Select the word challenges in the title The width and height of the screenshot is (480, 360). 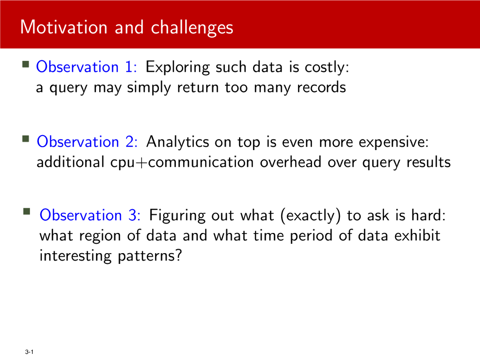click(192, 28)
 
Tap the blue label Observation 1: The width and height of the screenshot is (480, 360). click(86, 67)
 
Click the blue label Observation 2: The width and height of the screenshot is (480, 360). click(87, 142)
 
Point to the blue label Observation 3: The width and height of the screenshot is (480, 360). click(90, 215)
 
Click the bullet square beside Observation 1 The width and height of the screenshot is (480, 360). click(26, 64)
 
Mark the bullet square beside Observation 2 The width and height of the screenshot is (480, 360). click(26, 139)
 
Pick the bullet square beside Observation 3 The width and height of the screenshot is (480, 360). click(27, 211)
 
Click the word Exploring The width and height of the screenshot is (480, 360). click(178, 67)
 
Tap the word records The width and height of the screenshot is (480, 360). click(322, 87)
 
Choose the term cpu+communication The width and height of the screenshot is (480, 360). click(182, 163)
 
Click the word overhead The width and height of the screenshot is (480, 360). click(291, 162)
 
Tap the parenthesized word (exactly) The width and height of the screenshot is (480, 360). click(310, 216)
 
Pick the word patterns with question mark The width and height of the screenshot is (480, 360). click(150, 256)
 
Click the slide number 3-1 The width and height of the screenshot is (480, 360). click(30, 352)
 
